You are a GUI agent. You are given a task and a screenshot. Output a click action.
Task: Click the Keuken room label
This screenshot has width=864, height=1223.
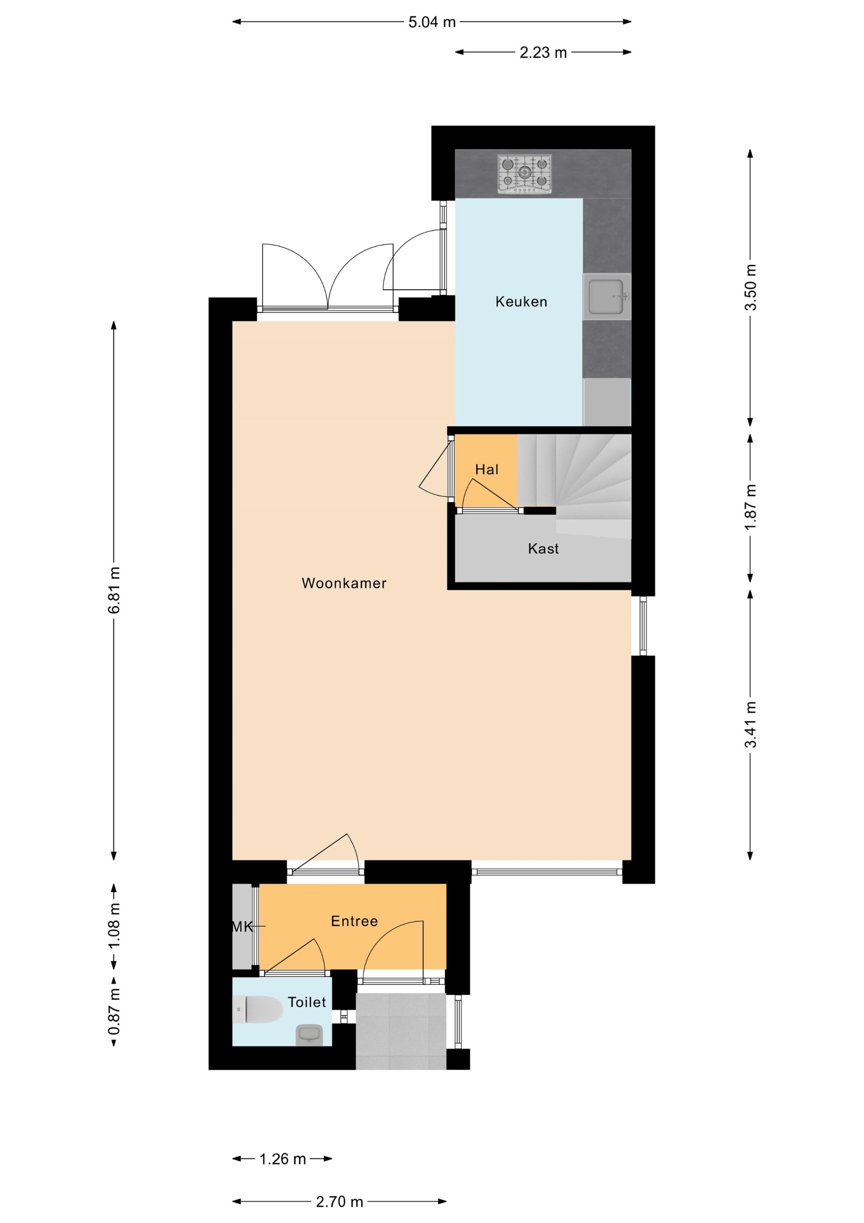click(521, 301)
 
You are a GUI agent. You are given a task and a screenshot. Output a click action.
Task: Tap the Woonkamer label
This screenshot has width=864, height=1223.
click(344, 583)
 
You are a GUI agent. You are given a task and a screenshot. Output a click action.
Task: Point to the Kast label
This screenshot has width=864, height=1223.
click(543, 548)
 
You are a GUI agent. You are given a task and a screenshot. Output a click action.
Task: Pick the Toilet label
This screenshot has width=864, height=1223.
click(307, 1002)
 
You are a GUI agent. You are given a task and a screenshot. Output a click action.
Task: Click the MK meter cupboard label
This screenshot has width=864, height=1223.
click(242, 927)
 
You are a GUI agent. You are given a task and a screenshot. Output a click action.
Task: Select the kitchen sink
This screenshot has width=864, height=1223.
click(606, 297)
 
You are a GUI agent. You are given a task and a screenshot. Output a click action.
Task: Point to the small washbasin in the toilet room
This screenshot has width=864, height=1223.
click(309, 1034)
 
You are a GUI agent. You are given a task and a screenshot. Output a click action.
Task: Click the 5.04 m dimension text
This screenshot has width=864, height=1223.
click(432, 22)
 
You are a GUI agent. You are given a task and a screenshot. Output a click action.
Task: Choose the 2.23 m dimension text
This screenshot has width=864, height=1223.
click(543, 52)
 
